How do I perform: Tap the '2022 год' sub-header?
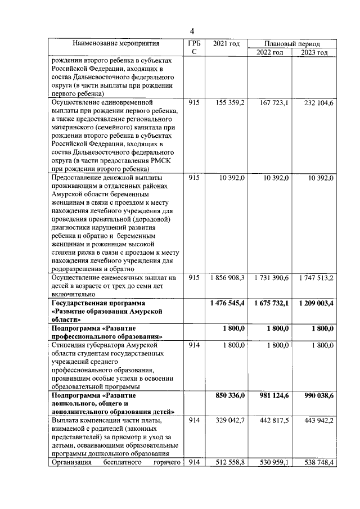pyautogui.click(x=270, y=52)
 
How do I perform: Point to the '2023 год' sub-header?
pyautogui.click(x=314, y=52)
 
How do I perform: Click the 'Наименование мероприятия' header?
pyautogui.click(x=115, y=43)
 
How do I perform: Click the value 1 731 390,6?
pyautogui.click(x=271, y=278)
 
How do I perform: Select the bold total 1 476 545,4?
pyautogui.click(x=227, y=304)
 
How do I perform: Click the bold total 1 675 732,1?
pyautogui.click(x=271, y=304)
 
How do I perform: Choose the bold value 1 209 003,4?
pyautogui.click(x=316, y=304)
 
